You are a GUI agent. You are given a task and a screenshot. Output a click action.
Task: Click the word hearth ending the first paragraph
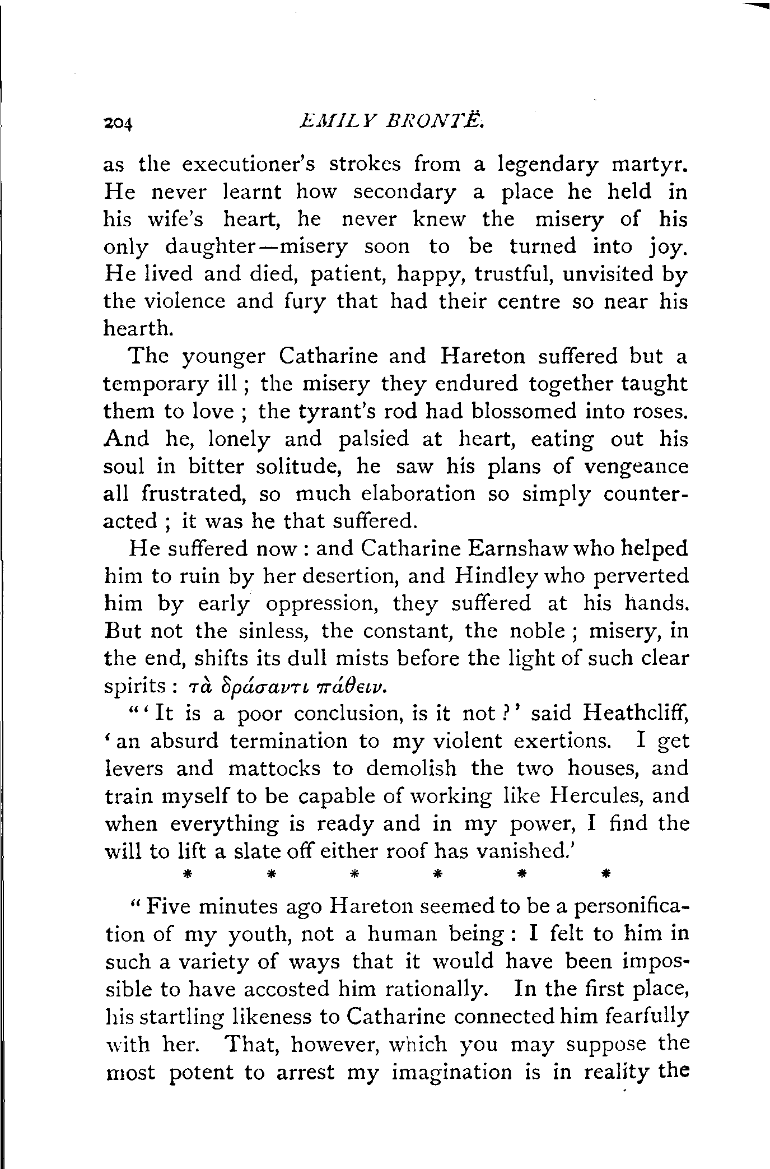137,329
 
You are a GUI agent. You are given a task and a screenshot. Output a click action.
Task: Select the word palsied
373,439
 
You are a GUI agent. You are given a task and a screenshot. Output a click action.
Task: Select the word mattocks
274,768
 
